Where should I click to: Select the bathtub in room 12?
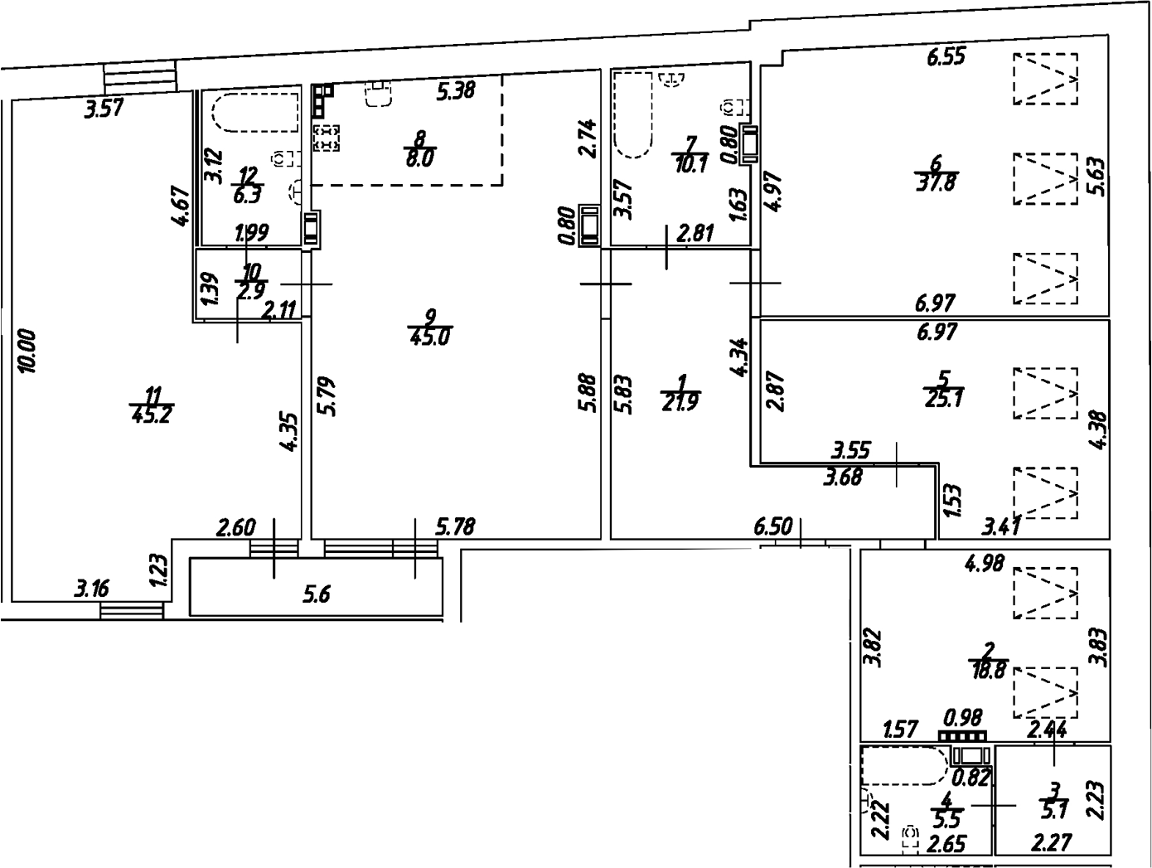[254, 113]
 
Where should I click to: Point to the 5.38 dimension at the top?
[456, 90]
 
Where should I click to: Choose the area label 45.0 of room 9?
[430, 337]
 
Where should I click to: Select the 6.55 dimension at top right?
[946, 57]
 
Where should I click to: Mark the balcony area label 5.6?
[317, 594]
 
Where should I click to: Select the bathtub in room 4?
[904, 766]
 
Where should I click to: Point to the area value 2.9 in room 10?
[250, 291]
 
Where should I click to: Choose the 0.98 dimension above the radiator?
[963, 715]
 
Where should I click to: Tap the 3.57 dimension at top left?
[104, 108]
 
